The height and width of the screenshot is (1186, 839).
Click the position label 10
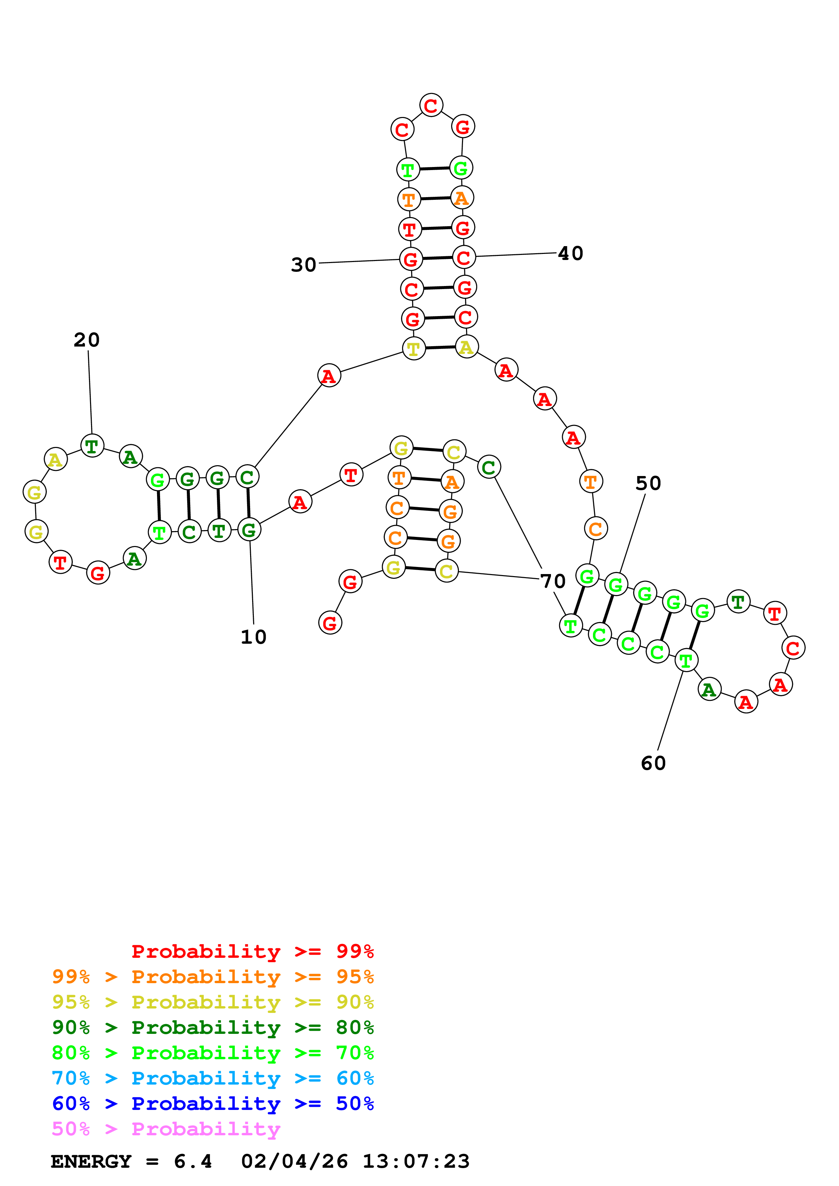tap(253, 637)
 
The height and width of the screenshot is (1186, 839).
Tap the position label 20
tap(86, 340)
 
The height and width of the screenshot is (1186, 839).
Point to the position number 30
tap(304, 265)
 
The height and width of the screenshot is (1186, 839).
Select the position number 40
tap(571, 253)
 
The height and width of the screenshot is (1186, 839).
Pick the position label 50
tap(648, 483)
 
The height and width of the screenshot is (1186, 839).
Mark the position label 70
tap(553, 581)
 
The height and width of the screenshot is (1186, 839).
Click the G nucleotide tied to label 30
tap(411, 259)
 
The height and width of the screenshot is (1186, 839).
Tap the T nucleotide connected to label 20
tap(92, 446)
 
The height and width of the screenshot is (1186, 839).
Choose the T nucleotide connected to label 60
tap(686, 660)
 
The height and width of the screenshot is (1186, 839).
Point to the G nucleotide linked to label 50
tap(616, 585)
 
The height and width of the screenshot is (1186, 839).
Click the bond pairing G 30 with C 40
tap(437, 258)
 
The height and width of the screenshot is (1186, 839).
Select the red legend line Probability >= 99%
tap(252, 951)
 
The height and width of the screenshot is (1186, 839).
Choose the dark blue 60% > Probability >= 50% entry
tap(213, 1104)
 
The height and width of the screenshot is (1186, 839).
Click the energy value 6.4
tap(193, 1161)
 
